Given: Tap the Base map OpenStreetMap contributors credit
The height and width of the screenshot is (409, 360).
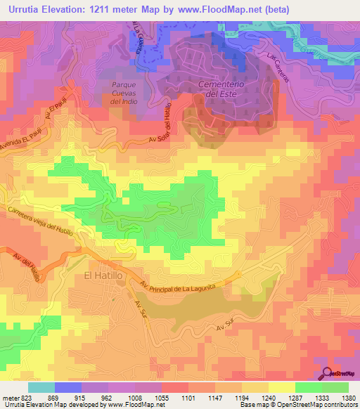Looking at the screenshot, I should (298, 405).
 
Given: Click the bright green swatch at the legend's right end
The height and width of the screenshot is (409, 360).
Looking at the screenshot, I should (335, 387).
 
